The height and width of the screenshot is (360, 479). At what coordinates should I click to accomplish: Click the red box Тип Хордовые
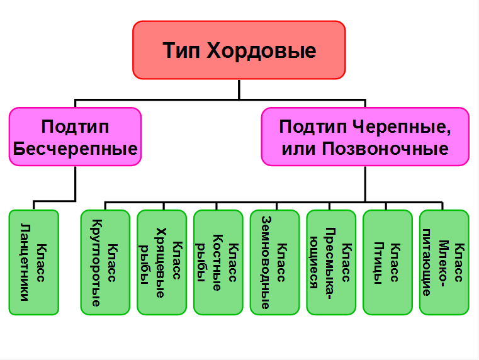click(239, 50)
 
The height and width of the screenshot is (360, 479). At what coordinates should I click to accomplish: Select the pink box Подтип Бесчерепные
click(75, 137)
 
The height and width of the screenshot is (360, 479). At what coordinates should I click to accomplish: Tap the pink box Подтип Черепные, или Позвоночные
click(365, 137)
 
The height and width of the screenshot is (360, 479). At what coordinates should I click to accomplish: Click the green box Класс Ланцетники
click(34, 262)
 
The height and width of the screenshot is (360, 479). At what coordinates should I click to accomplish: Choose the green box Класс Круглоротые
click(105, 262)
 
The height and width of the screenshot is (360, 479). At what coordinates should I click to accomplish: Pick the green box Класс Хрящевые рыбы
click(162, 262)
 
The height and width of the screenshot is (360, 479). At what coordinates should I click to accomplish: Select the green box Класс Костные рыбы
click(218, 262)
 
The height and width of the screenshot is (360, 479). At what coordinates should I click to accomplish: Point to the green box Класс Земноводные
click(275, 262)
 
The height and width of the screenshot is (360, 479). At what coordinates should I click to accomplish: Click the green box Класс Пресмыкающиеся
click(331, 262)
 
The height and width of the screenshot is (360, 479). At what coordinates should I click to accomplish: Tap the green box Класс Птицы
click(388, 262)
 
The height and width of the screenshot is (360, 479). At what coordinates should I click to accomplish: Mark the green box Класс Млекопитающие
click(444, 262)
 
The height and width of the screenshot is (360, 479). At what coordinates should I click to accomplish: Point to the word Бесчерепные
click(76, 149)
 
